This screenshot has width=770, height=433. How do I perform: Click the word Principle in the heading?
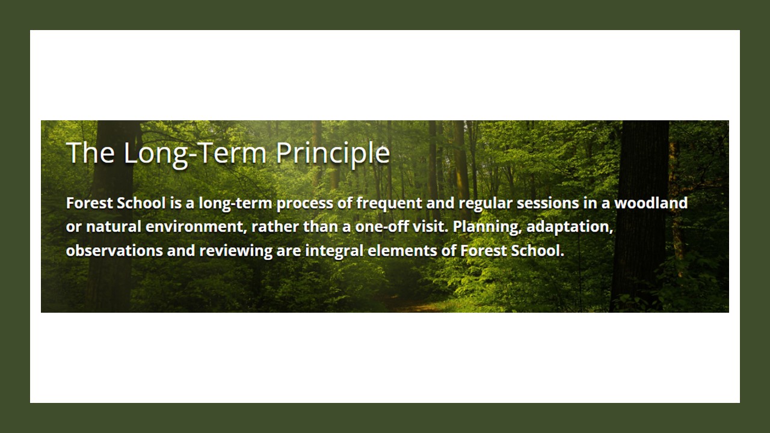333,153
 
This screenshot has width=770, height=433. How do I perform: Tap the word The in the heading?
90,152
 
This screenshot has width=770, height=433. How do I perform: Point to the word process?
305,204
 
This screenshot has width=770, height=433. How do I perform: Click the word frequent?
389,203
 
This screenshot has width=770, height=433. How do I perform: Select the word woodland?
651,203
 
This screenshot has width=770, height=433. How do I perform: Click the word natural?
114,227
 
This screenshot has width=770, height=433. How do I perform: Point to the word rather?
276,227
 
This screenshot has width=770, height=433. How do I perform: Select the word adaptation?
570,227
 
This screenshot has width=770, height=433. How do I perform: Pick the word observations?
114,251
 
